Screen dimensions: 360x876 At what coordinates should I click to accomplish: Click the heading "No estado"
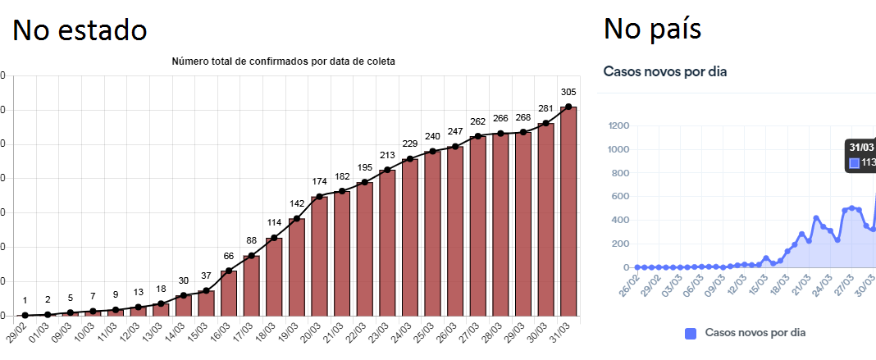80,30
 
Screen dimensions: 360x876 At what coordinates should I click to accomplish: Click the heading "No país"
652,29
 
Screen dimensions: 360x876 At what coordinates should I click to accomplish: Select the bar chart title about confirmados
284,62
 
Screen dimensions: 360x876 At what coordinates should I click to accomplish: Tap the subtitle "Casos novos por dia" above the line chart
665,71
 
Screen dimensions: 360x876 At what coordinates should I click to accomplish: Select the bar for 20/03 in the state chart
319,256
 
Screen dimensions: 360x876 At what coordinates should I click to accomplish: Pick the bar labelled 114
274,276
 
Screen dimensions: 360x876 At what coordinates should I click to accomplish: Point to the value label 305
568,92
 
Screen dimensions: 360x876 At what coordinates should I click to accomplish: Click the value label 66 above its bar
229,256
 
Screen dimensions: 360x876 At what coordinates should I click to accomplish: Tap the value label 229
409,144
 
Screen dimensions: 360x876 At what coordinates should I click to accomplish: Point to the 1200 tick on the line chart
618,125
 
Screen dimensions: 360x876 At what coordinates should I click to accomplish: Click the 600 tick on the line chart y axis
621,197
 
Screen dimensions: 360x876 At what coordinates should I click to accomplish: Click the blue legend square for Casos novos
690,333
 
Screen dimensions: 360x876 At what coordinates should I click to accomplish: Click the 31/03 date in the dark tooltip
861,147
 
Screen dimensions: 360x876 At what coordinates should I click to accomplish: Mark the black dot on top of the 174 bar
319,197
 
